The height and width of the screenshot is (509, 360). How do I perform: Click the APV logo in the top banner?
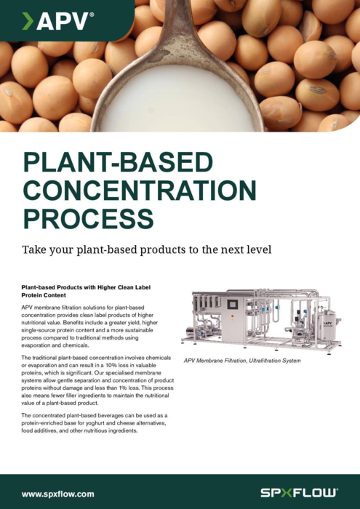(58, 21)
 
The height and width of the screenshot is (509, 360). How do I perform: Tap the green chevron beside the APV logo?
(28, 21)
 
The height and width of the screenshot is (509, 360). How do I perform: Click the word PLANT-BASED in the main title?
(118, 163)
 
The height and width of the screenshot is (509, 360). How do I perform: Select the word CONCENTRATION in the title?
(140, 191)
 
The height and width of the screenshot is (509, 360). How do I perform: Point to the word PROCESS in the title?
(88, 219)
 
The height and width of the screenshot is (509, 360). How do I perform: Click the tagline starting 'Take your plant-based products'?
(146, 250)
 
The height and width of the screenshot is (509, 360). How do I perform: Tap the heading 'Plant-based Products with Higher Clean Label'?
(86, 288)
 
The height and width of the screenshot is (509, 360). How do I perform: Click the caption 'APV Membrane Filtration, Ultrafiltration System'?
(242, 361)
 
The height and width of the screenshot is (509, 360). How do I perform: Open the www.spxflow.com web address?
(57, 494)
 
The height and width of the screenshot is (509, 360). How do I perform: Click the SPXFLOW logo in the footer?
(300, 494)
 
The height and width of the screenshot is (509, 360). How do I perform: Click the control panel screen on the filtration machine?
(233, 304)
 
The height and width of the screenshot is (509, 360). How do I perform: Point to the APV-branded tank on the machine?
(327, 326)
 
